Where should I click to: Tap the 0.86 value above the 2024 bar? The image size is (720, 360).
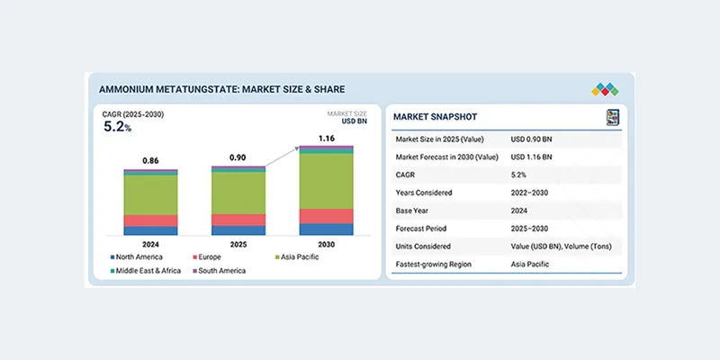click(150, 160)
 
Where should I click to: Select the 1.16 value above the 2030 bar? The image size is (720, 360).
click(325, 138)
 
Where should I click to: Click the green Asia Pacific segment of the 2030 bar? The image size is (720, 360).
click(325, 181)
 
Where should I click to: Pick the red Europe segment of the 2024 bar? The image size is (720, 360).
click(150, 220)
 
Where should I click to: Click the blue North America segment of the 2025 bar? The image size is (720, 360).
click(238, 230)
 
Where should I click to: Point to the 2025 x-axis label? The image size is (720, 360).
click(238, 244)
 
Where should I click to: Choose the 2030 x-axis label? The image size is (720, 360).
click(325, 244)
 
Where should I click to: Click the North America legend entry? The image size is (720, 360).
click(137, 257)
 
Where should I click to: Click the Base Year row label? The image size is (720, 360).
click(415, 210)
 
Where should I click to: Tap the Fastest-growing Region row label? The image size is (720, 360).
click(439, 264)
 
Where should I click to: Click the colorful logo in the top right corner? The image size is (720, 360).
click(606, 89)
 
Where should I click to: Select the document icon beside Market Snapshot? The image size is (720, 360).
click(612, 117)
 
